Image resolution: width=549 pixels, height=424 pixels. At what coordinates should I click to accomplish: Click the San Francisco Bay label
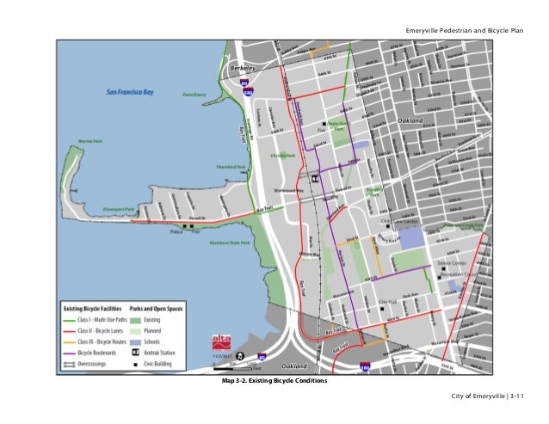pos(131,89)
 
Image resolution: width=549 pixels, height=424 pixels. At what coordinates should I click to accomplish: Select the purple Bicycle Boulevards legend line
pos(68,352)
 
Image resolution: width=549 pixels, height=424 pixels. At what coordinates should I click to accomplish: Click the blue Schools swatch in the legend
pos(136,341)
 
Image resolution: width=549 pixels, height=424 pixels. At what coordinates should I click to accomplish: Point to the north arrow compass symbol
pos(239,355)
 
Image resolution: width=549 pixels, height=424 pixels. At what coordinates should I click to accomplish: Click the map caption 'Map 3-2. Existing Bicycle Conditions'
pos(274,379)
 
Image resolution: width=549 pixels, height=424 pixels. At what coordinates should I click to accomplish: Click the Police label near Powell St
pos(176,231)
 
